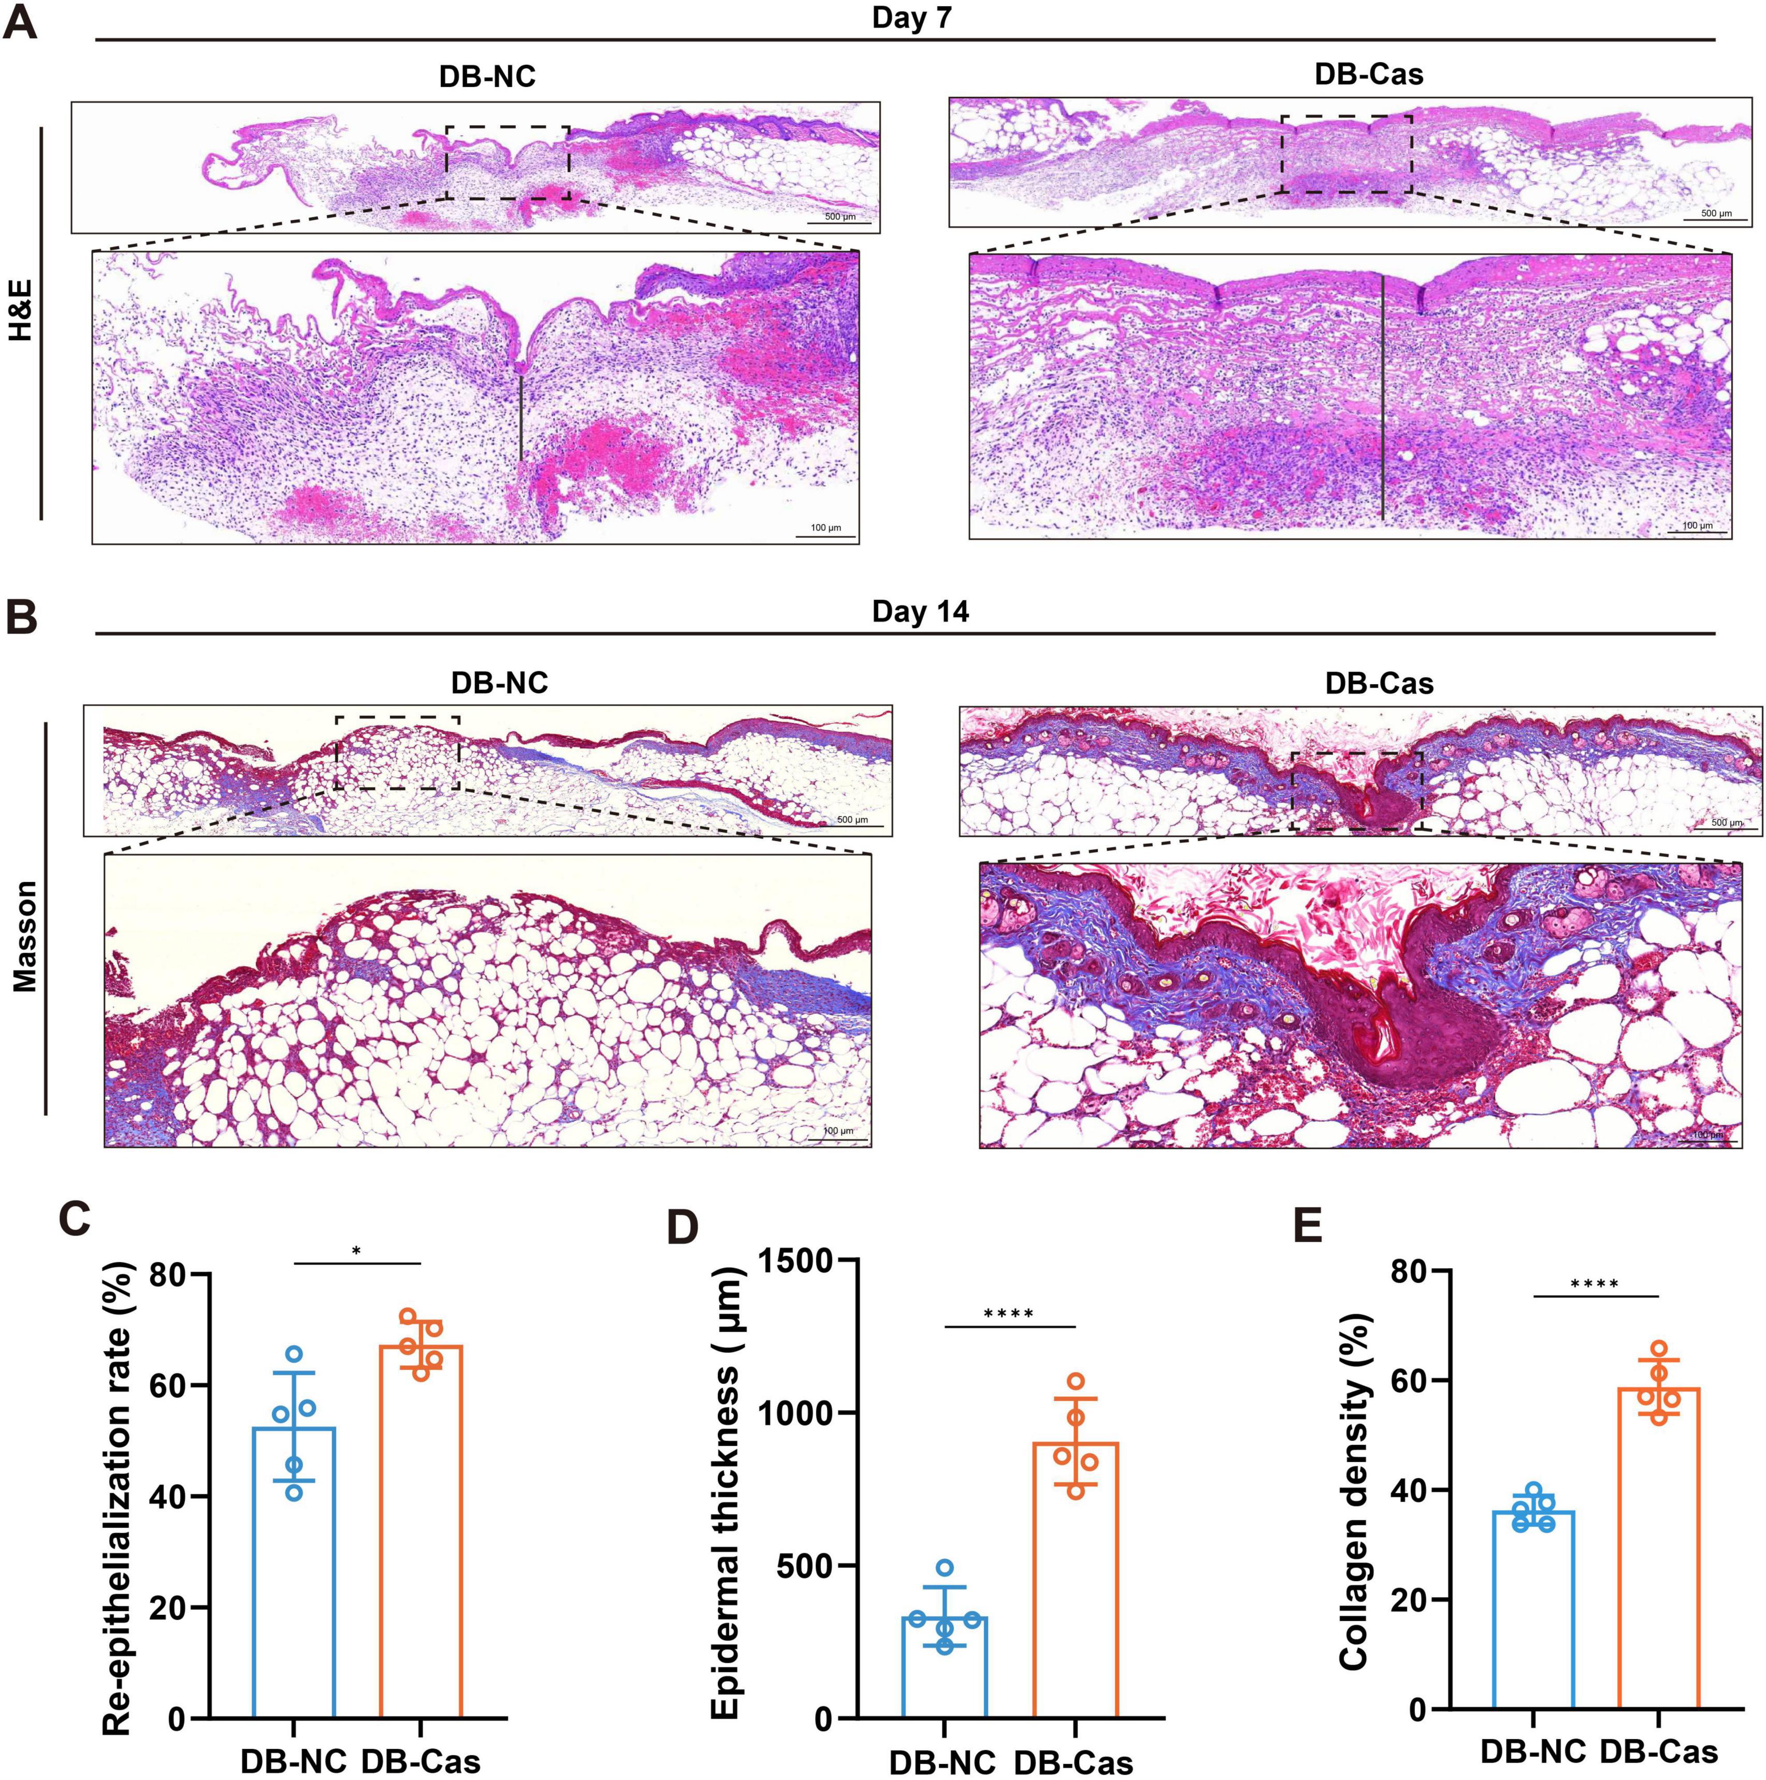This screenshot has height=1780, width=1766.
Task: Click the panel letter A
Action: coord(20,20)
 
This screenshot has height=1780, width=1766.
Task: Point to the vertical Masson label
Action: coord(25,935)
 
